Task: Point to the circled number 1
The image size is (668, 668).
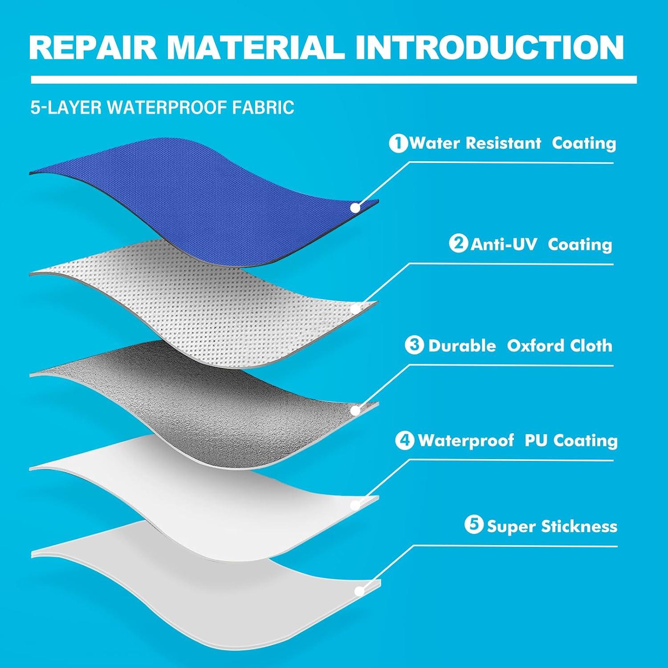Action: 398,143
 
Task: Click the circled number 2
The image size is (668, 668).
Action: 458,244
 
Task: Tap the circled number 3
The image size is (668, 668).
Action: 414,345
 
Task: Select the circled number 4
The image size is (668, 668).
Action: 404,440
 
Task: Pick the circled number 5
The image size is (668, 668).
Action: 474,525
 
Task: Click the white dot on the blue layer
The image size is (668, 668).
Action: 355,208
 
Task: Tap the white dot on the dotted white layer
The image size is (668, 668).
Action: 355,309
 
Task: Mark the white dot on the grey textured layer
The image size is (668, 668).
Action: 355,410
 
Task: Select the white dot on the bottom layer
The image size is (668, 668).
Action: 358,591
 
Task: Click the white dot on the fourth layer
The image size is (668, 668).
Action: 355,505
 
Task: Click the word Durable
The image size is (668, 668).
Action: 462,346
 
